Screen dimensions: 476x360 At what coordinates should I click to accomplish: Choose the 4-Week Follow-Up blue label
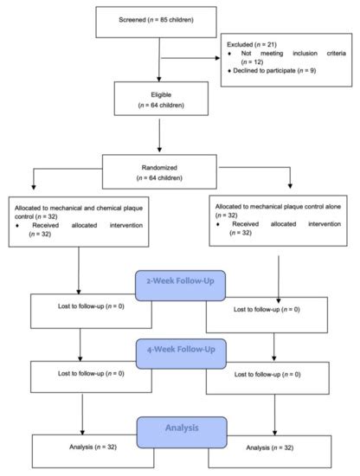180,354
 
